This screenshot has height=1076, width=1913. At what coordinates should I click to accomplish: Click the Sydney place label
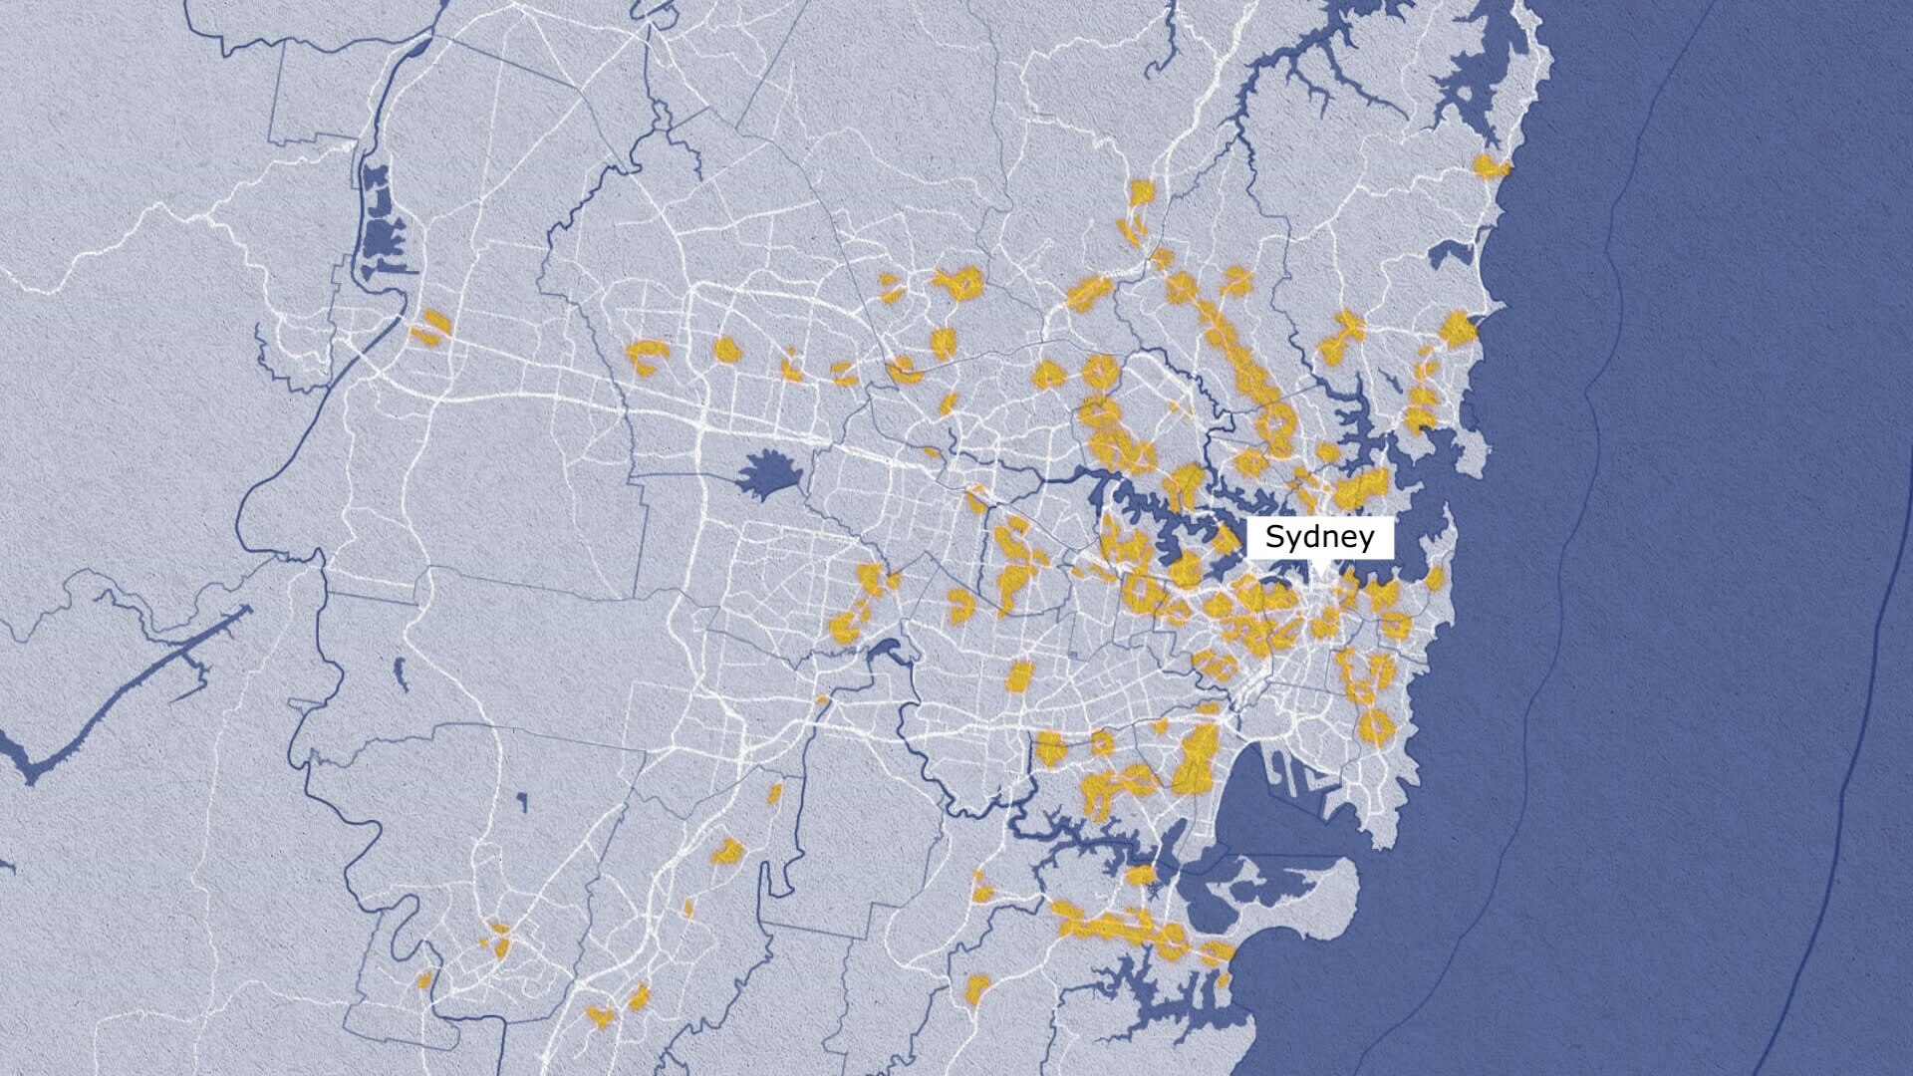click(1319, 537)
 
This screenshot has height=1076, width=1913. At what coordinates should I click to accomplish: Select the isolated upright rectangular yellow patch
click(1017, 676)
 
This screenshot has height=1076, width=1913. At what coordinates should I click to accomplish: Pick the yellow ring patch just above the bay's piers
click(1374, 726)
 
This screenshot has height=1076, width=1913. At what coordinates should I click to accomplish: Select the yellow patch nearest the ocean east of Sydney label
click(1435, 578)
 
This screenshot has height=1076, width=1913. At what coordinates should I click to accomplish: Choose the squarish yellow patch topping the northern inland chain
click(1141, 191)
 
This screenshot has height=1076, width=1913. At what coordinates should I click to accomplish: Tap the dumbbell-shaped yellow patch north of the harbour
click(1342, 337)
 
